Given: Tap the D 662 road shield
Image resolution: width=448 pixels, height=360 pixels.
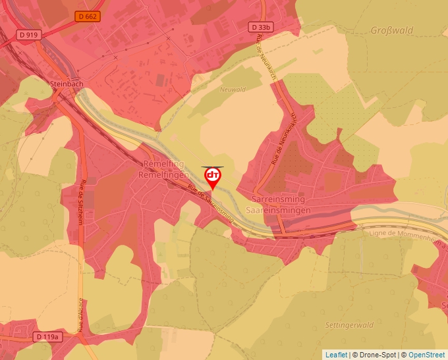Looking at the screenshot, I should coord(87,16).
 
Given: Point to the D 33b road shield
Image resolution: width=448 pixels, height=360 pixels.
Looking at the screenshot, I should coord(261,27).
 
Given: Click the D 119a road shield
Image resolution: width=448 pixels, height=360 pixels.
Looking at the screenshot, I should coord(47,337).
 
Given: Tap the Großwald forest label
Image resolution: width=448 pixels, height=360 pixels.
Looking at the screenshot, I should coord(391,31).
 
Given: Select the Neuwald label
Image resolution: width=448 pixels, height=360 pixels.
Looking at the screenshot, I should coord(233,90).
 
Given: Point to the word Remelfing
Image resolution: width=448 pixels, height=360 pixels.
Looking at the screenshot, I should coord(163,164).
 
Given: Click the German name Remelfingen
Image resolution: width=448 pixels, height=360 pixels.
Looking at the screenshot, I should coord(163,174).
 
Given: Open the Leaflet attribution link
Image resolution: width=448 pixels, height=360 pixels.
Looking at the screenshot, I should coord(336,355).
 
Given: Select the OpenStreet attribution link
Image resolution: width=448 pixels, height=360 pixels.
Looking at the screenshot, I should coord(427,355).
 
